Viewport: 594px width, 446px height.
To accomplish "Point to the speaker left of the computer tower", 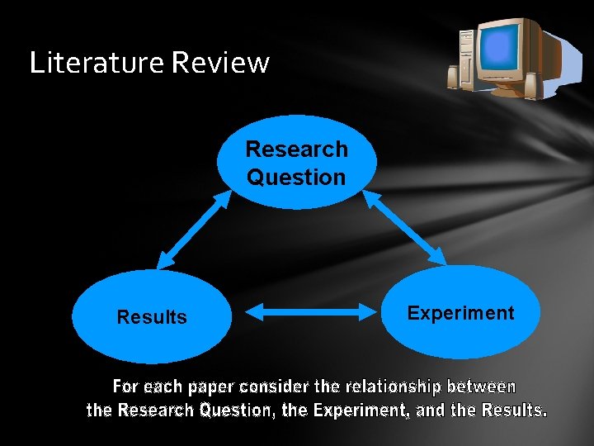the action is tap(453, 77).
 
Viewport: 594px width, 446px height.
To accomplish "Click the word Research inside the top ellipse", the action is tap(297, 149).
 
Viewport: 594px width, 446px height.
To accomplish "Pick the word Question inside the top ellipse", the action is tap(297, 177).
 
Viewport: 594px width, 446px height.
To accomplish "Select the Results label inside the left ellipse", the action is tap(152, 317).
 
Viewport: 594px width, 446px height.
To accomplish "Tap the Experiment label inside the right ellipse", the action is tap(460, 313).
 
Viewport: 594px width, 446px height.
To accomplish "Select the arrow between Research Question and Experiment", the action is tap(405, 229).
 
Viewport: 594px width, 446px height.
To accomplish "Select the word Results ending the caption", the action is tap(513, 410).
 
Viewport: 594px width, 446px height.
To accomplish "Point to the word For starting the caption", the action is tap(125, 387).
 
